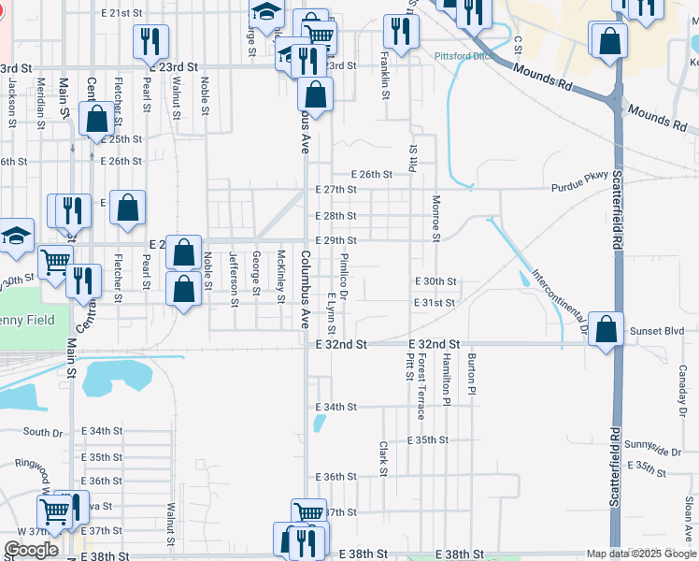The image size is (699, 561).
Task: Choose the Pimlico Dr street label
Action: (x=344, y=277)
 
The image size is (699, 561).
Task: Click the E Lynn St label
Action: (x=331, y=316)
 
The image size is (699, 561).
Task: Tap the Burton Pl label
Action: (x=473, y=374)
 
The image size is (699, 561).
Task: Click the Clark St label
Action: (x=383, y=457)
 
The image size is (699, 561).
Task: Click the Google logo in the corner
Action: (x=31, y=550)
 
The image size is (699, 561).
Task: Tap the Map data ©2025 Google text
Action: (x=641, y=554)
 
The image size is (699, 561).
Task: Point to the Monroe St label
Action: (x=435, y=218)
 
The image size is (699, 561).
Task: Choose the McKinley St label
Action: (x=281, y=277)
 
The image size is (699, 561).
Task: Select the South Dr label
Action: (x=42, y=432)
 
